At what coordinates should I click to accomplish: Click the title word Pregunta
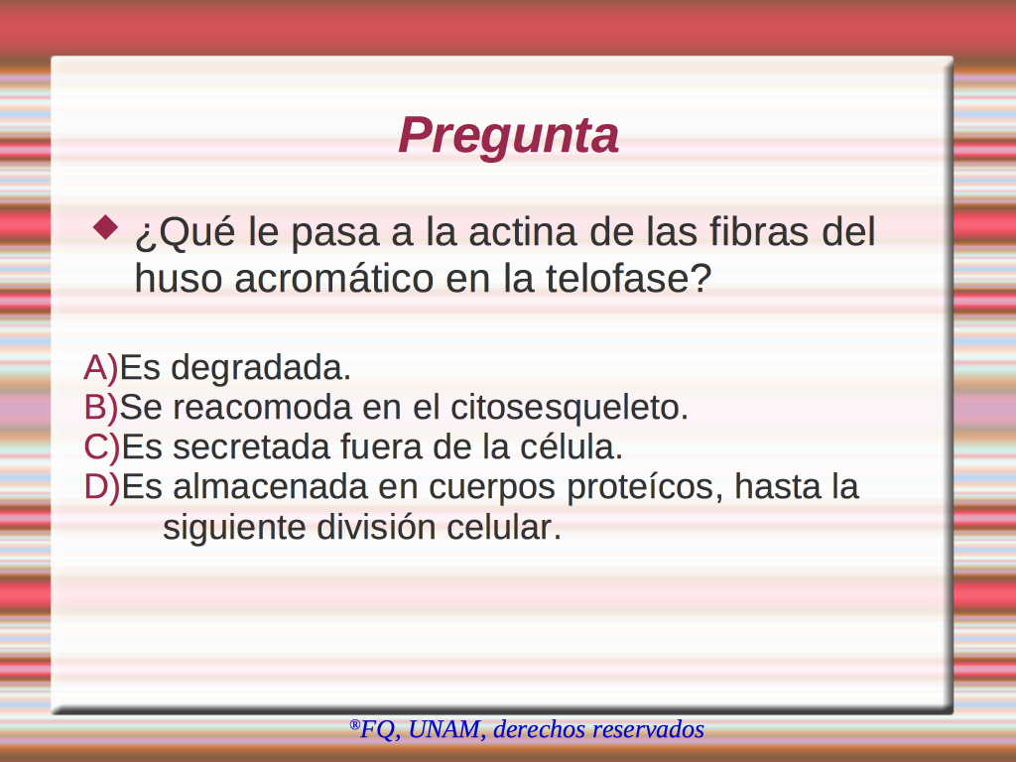pos(509,136)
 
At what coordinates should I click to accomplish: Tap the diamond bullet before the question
pos(105,228)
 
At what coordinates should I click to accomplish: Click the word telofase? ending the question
pos(628,279)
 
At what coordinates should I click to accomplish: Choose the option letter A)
pos(101,367)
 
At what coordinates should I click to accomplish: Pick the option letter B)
pos(101,407)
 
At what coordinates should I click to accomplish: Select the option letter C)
pos(102,446)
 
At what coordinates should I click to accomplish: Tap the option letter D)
pos(102,486)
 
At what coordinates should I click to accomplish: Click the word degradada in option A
pos(261,367)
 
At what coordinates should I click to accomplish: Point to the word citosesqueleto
pos(569,407)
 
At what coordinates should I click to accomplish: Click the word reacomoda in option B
pos(262,408)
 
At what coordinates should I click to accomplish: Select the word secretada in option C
pos(251,447)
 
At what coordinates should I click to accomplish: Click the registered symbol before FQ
pos(354,724)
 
